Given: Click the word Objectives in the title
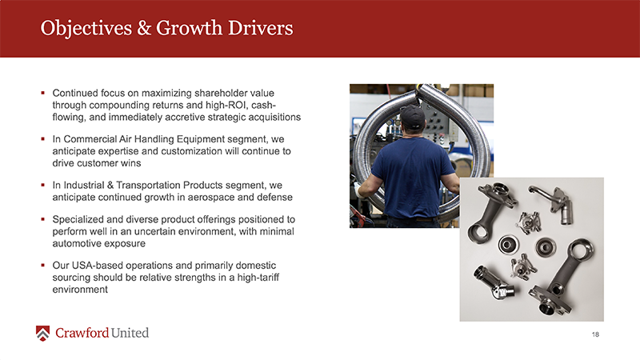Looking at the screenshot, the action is coord(86,29).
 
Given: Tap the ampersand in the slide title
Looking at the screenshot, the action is coord(144,28).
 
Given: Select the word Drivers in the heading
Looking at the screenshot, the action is coord(261,28).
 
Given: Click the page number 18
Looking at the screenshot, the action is coord(595,334).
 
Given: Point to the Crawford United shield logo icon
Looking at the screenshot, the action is coord(43,333).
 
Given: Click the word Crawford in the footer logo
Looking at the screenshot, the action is coord(82,333).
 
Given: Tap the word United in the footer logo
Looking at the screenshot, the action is coord(130,333).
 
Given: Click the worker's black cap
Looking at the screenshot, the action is coord(412,116).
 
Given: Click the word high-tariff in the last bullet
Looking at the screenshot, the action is coord(258,278).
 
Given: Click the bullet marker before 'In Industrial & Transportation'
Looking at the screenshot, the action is coord(43,185).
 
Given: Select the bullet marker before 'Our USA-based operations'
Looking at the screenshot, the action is coord(43,265).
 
